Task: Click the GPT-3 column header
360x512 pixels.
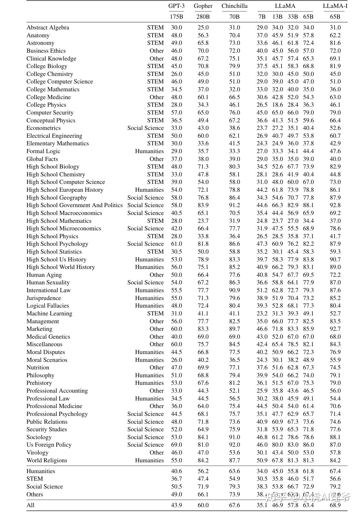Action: pos(176,6)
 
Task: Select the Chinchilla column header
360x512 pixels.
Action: pos(234,6)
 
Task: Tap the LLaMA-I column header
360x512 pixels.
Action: pos(335,6)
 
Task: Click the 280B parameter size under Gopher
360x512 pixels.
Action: pos(203,17)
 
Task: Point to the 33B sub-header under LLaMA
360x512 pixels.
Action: pos(293,17)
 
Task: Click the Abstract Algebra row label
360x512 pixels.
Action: pos(48,28)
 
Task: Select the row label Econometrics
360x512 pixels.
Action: pos(44,128)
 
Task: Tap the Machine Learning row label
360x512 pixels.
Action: pos(49,314)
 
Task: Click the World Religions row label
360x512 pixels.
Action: pos(47,460)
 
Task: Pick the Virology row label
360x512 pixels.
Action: pos(37,453)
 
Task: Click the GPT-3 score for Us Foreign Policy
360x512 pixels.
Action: pos(176,445)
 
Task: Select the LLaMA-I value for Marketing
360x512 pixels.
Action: pos(335,329)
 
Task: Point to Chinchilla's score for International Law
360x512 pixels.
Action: pos(234,290)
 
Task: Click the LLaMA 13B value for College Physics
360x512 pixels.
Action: pos(277,105)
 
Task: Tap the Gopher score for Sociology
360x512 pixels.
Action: pos(203,437)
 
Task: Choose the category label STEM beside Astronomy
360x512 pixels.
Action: pos(155,43)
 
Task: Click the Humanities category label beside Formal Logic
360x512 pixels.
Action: pos(149,151)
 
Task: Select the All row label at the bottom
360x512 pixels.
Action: pos(31,505)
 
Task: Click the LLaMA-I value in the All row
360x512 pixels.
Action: pos(335,505)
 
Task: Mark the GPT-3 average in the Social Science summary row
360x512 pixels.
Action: pos(176,487)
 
